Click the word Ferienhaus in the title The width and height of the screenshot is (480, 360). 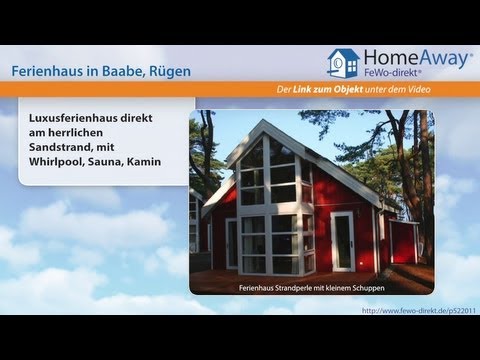click(50, 72)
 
